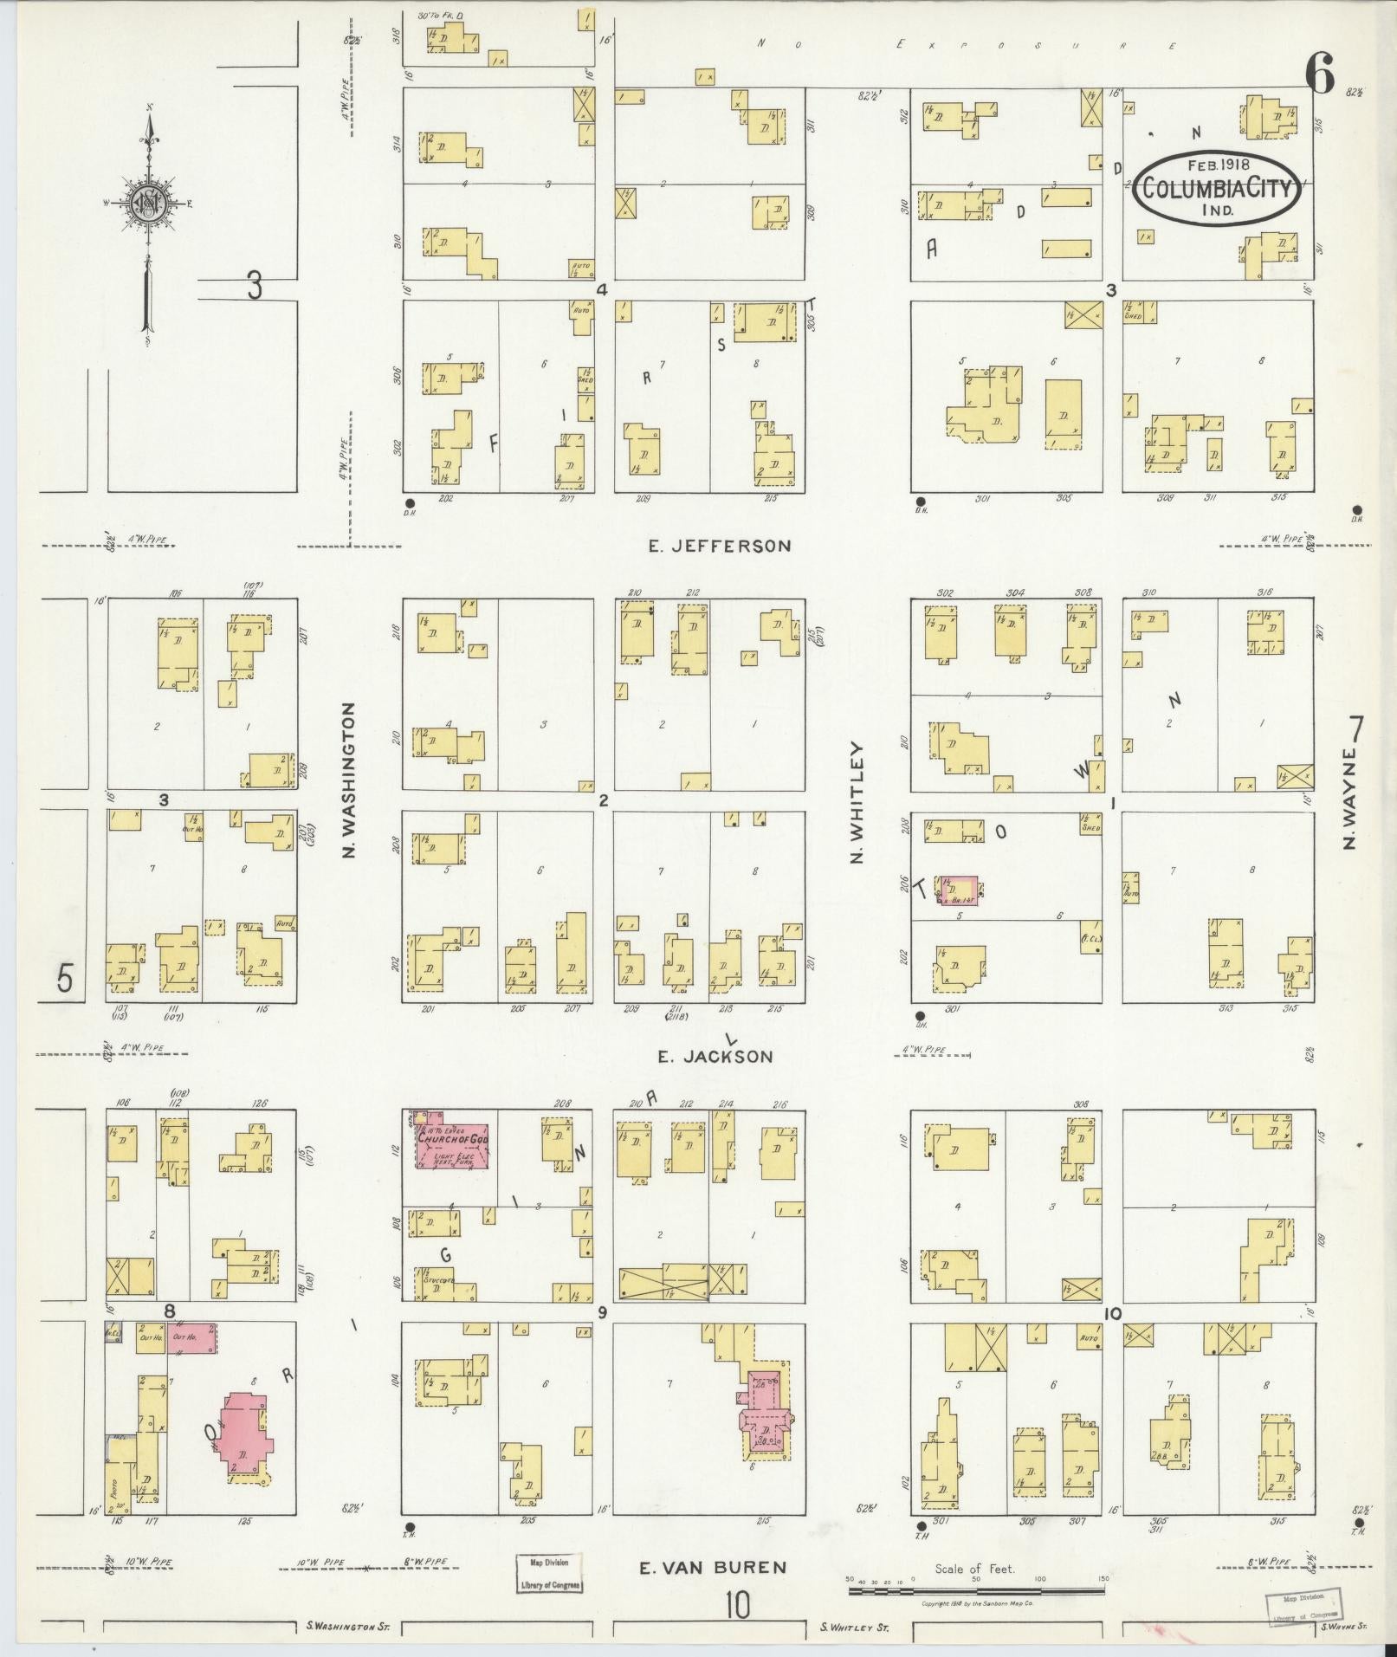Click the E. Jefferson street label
tap(720, 546)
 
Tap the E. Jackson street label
tap(715, 1056)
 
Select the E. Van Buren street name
tap(713, 1567)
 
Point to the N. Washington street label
tap(350, 780)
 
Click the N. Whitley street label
tap(857, 802)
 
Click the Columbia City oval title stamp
tap(1216, 187)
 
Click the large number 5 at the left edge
tap(65, 978)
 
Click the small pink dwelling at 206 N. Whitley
tap(960, 890)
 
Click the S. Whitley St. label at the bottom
tap(854, 1628)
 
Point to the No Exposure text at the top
tap(966, 44)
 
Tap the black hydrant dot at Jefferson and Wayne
tap(1356, 510)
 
